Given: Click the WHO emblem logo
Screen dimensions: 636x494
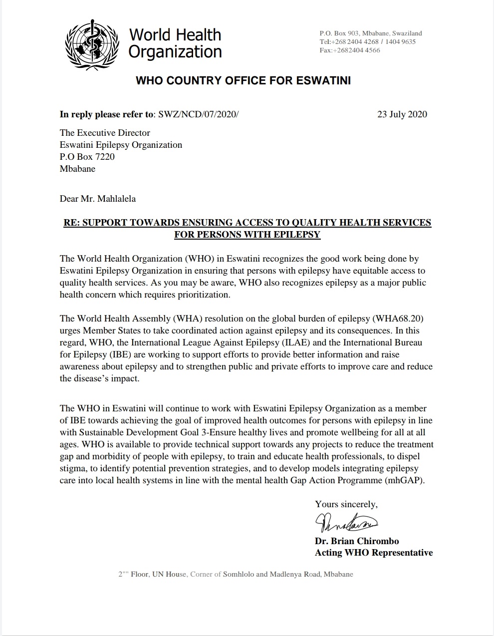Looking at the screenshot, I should [92, 42].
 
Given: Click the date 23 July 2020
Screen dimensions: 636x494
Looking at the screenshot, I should [402, 114].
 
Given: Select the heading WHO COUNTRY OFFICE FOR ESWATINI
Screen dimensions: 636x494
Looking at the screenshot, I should [243, 81].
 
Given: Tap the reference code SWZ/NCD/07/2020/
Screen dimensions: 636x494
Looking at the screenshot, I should [198, 114].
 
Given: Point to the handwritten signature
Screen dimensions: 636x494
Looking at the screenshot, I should [346, 523].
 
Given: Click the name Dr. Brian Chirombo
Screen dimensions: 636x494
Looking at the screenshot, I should [357, 541].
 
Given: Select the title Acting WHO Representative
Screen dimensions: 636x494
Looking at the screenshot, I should [373, 553].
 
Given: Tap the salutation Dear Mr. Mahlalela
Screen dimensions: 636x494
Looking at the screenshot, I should [98, 199].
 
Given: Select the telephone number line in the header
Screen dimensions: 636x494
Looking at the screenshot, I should [367, 41].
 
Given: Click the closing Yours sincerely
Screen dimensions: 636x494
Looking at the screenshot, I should [346, 505].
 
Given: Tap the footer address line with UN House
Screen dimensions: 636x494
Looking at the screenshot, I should [236, 575].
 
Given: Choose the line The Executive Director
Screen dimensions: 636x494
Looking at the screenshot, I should [105, 133].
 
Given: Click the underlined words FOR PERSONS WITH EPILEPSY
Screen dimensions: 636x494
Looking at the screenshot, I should [247, 234].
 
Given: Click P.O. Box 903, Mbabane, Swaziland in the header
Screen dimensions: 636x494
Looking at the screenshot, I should [370, 33].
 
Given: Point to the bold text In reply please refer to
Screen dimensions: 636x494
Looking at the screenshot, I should [107, 114].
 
